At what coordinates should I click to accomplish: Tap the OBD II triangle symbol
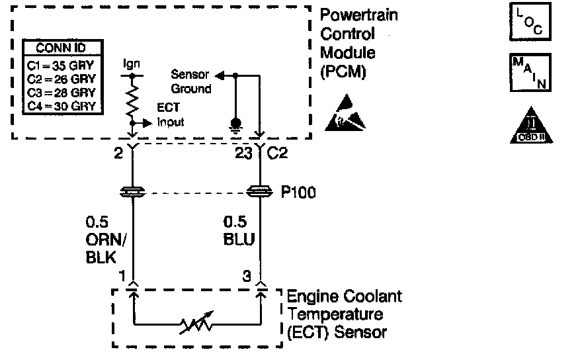531,125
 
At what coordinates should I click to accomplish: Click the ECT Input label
170,115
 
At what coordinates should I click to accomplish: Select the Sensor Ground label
191,81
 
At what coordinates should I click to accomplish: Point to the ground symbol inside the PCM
235,124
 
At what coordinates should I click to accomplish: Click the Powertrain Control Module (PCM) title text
358,43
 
